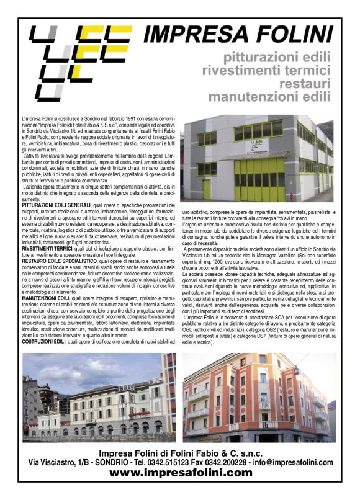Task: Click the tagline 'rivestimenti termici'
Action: pyautogui.click(x=268, y=70)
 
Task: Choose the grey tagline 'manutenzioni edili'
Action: pyautogui.click(x=269, y=96)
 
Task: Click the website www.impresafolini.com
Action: pyautogui.click(x=181, y=472)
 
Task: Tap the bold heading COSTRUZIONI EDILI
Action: pyautogui.click(x=48, y=341)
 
